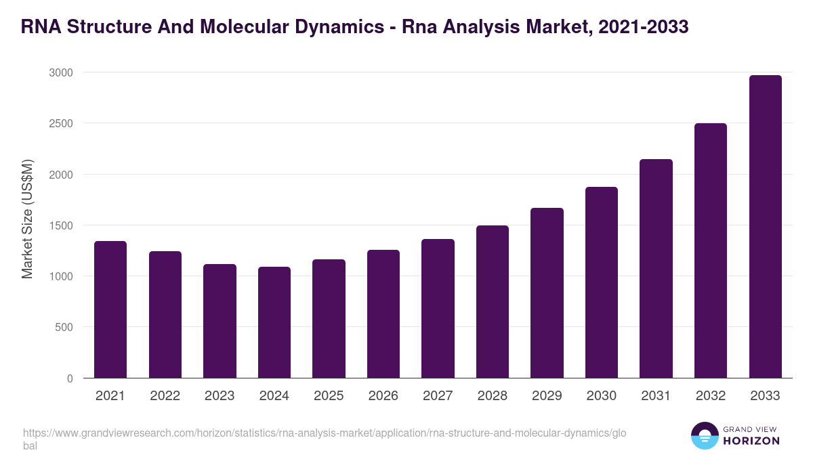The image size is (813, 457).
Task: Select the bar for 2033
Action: [765, 227]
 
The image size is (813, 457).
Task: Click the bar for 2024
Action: [274, 322]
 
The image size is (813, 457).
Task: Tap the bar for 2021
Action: [110, 309]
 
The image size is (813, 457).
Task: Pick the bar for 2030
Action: [602, 282]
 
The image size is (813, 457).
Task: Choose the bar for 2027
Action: [438, 309]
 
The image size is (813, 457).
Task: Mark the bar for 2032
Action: [711, 251]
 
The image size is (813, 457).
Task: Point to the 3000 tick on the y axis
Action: [64, 72]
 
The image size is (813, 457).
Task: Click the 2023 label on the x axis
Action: [220, 396]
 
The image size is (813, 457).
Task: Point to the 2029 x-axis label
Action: [547, 396]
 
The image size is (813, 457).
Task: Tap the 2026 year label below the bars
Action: [383, 396]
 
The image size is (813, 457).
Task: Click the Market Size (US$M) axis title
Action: [28, 219]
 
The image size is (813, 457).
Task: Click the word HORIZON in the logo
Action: [751, 441]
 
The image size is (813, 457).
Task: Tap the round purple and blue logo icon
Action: [705, 435]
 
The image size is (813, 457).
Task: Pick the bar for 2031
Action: [656, 269]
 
